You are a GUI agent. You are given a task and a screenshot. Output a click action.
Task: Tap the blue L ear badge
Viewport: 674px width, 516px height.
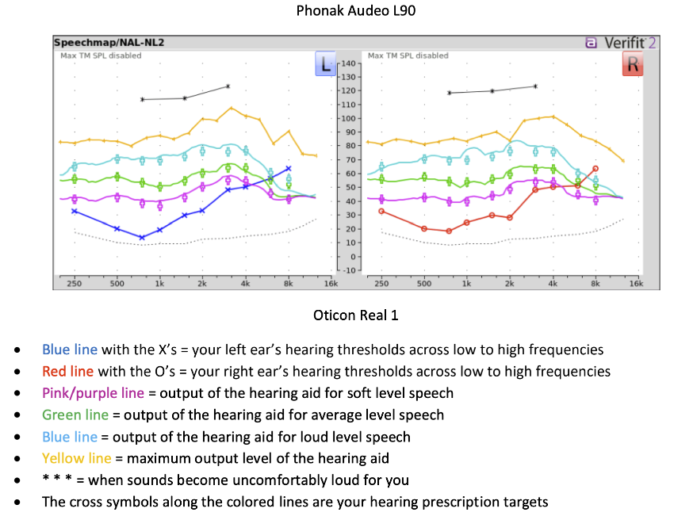pyautogui.click(x=325, y=63)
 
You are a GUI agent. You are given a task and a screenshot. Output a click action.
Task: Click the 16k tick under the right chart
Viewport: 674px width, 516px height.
pyautogui.click(x=636, y=283)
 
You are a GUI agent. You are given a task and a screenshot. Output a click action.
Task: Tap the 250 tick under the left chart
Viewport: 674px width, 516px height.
pyautogui.click(x=75, y=283)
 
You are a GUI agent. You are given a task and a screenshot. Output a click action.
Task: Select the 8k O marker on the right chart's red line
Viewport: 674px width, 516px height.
pyautogui.click(x=595, y=168)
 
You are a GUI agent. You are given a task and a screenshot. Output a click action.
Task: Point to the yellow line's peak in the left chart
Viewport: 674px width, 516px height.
pyautogui.click(x=232, y=108)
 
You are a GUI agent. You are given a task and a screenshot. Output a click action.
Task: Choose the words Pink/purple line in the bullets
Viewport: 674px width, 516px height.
pyautogui.click(x=93, y=392)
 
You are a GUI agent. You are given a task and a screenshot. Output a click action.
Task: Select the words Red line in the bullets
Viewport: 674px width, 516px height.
pyautogui.click(x=67, y=371)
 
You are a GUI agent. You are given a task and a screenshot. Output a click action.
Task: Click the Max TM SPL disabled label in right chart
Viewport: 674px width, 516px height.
pyautogui.click(x=408, y=56)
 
